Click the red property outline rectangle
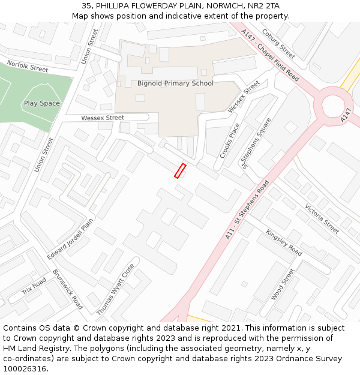coord(180,170)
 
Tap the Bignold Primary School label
coord(175,83)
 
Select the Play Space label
coord(42,103)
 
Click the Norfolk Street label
coord(27,66)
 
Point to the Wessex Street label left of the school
coord(103,118)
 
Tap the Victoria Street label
coord(322,218)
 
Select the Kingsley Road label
coord(284,242)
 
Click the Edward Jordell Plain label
coord(70,239)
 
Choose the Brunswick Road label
coord(68,289)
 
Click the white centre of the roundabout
coord(333,106)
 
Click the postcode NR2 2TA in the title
coord(265,6)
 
